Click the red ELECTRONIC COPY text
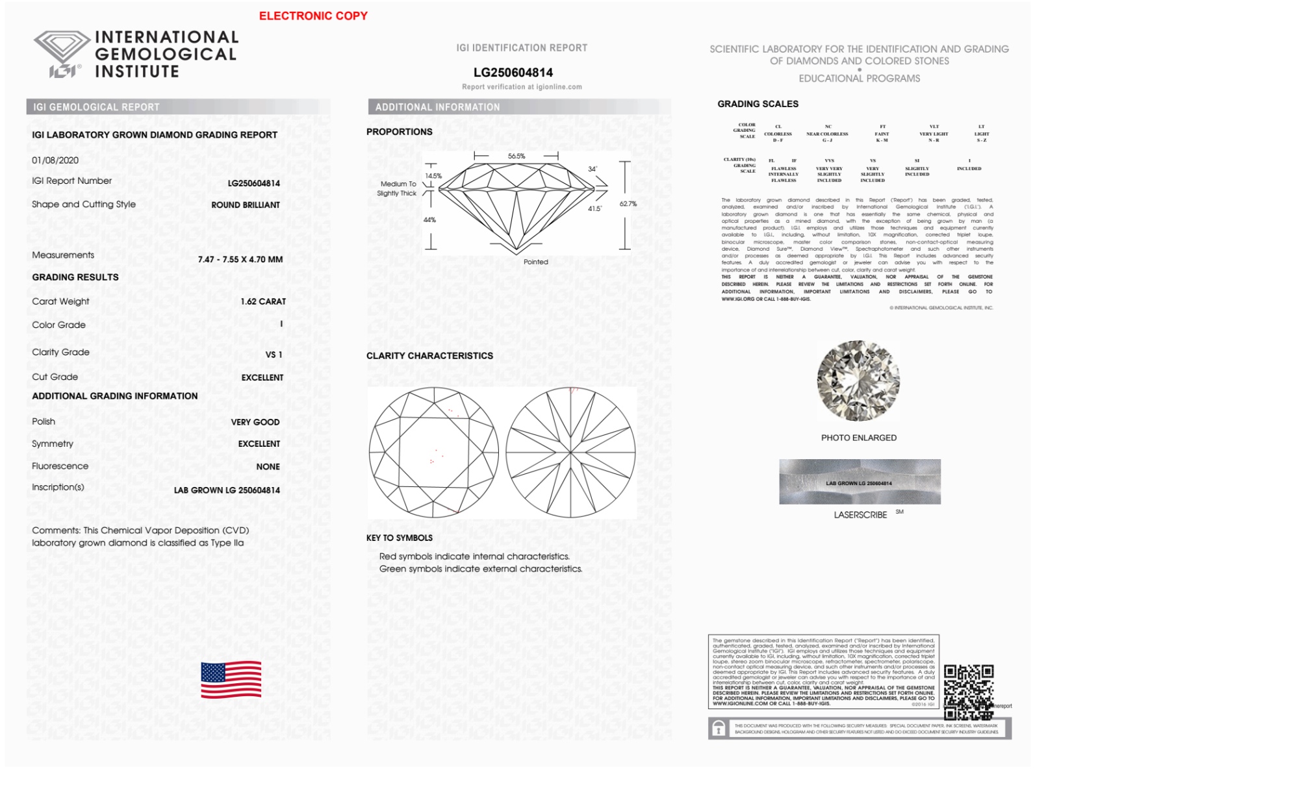[313, 16]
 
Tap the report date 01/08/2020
[55, 160]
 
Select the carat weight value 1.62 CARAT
[263, 301]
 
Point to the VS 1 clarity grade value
[274, 355]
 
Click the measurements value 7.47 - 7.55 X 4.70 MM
[240, 259]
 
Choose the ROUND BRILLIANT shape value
[246, 205]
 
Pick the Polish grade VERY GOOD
[255, 422]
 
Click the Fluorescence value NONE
[268, 466]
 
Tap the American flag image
[231, 680]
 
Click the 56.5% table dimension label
[516, 156]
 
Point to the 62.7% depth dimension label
[628, 204]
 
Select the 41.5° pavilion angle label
[594, 208]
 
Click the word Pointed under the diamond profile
[536, 262]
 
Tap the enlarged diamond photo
[858, 381]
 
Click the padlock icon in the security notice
[719, 729]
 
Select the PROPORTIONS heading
[399, 132]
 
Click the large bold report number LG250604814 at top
[513, 72]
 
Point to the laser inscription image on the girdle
[860, 482]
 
